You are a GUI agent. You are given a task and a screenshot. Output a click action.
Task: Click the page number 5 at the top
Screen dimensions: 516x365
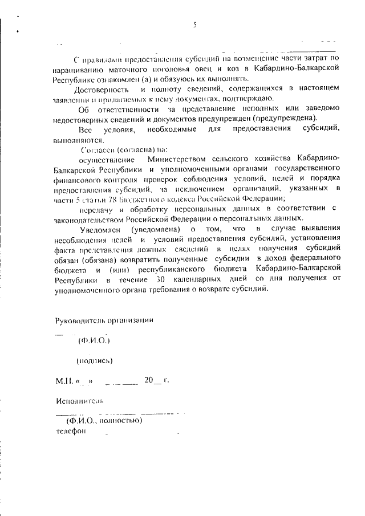[x=194, y=24]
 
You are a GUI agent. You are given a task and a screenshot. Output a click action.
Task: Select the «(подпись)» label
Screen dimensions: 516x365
[x=94, y=360]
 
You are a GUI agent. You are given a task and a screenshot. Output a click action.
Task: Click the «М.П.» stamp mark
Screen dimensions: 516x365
[x=64, y=380]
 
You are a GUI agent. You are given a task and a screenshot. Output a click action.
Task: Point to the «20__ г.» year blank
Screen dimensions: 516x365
[x=157, y=379]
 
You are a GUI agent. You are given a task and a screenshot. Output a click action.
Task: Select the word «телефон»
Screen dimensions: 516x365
[x=70, y=431]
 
